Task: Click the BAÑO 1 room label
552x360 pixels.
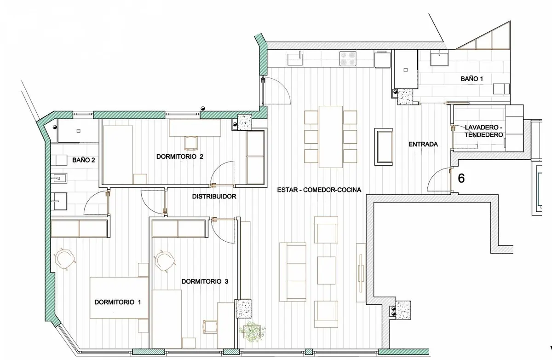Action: click(x=471, y=79)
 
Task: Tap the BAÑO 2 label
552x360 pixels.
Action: click(x=84, y=160)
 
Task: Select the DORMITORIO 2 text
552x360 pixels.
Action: click(x=180, y=157)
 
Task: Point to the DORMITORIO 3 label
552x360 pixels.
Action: click(x=205, y=281)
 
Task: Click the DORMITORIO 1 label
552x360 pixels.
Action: click(x=118, y=302)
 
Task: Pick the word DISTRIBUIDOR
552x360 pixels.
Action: click(x=214, y=197)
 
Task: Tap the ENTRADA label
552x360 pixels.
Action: click(x=423, y=144)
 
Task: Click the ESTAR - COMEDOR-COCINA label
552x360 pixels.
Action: click(x=319, y=190)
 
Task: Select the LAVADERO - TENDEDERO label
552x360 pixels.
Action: click(x=484, y=131)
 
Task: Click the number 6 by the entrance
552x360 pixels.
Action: click(x=461, y=178)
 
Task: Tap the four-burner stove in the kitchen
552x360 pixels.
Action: click(x=348, y=58)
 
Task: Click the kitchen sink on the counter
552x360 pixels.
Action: click(x=295, y=58)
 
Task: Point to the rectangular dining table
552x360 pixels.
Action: click(x=331, y=137)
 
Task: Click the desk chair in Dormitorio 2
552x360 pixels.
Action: click(x=190, y=143)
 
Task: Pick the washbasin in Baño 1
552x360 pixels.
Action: click(x=439, y=58)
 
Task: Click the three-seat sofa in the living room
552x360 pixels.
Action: click(x=293, y=272)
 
